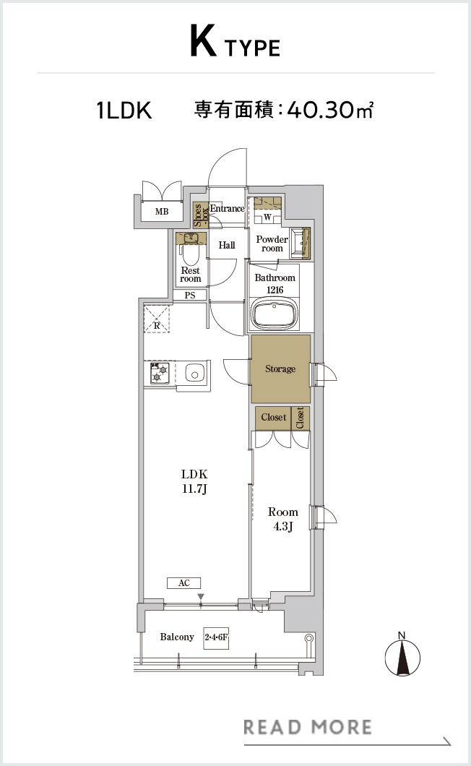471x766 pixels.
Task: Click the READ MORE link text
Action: tap(307, 727)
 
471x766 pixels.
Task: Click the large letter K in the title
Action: tap(203, 43)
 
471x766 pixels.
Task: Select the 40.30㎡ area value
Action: tap(330, 110)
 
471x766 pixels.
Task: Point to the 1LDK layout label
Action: tap(124, 111)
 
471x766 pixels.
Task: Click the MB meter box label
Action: tap(162, 212)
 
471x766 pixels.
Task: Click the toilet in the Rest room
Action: tap(190, 253)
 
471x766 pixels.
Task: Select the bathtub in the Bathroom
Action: tap(275, 315)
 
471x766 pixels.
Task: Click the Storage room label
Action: tap(280, 369)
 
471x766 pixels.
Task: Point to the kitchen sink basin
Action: tap(194, 375)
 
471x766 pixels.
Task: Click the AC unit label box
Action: tap(183, 582)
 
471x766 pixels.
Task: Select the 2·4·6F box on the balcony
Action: tap(217, 637)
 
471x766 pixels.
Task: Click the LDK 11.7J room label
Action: tap(194, 481)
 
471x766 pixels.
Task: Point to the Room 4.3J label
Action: tap(283, 519)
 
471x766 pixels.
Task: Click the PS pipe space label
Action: tap(190, 295)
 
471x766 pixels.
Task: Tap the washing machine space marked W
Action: tap(268, 217)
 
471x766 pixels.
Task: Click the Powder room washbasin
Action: tap(300, 242)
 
